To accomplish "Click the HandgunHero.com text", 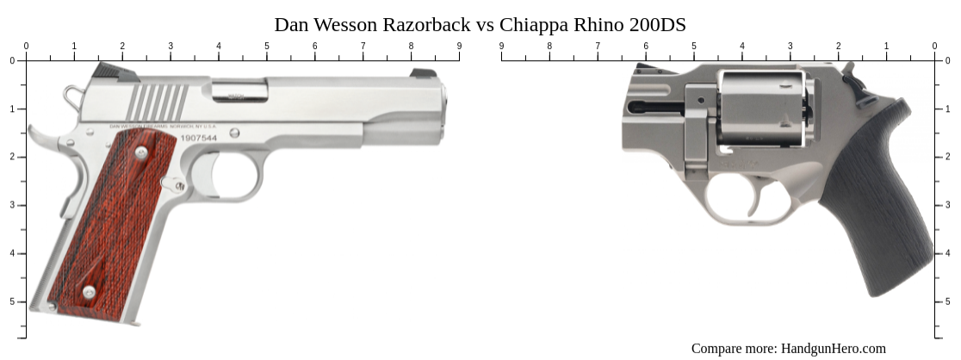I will pyautogui.click(x=833, y=348).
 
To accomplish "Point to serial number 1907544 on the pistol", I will pyautogui.click(x=199, y=138).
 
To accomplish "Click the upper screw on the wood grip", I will pyautogui.click(x=140, y=152).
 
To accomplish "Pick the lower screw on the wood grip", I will pyautogui.click(x=89, y=292).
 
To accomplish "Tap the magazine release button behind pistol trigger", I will pyautogui.click(x=179, y=185).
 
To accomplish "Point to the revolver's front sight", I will pyautogui.click(x=642, y=67).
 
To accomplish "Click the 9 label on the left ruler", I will pyautogui.click(x=459, y=46).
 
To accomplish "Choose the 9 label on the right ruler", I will pyautogui.click(x=501, y=46).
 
